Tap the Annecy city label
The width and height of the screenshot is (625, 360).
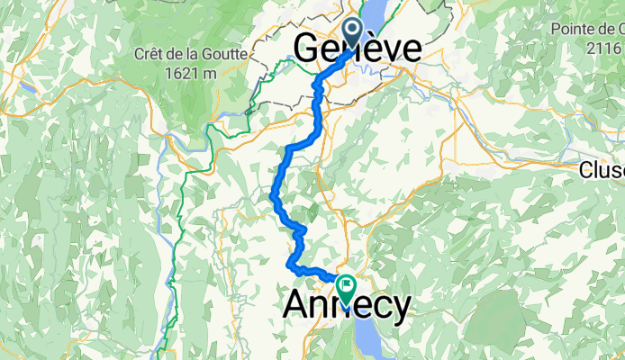(x=347, y=304)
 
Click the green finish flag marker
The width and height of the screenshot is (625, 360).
(x=345, y=287)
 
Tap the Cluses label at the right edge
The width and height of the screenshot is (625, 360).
(x=602, y=169)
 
